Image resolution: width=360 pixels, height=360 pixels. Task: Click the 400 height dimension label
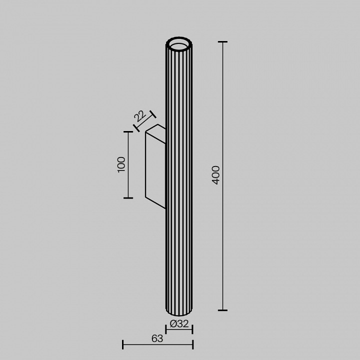[215, 175]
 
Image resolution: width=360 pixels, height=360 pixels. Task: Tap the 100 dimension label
[121, 164]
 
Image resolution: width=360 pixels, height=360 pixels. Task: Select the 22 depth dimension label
[139, 116]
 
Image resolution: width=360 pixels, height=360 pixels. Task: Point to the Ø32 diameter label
[179, 324]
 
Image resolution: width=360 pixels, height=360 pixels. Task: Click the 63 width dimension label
[157, 338]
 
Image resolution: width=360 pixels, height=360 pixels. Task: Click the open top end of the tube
[179, 45]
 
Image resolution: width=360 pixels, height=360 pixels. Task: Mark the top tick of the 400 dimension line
[222, 42]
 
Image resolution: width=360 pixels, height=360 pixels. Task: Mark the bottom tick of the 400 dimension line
[222, 310]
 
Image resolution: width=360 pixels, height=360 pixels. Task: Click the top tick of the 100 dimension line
[128, 131]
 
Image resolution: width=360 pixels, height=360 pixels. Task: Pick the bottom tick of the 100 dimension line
[128, 198]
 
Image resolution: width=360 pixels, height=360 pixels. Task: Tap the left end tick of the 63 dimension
[123, 344]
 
